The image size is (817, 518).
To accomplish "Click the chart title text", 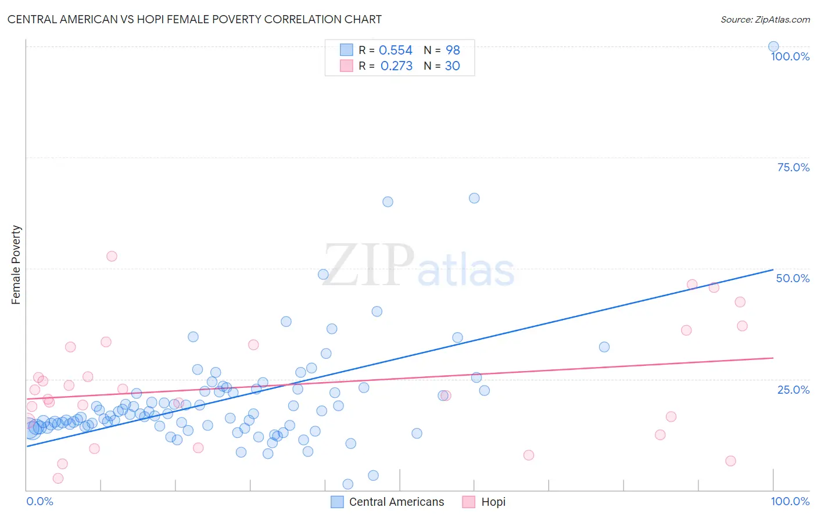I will (194, 19).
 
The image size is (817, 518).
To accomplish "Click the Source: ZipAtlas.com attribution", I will (765, 20).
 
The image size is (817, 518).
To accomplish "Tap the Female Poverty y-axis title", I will (16, 265).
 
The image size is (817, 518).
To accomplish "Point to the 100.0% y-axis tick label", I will (790, 56).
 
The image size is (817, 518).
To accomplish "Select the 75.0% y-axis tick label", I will (793, 167).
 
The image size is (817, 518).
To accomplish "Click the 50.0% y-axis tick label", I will (792, 278).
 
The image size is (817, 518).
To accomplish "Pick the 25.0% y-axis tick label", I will (793, 390).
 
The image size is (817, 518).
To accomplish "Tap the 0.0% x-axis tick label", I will (40, 501).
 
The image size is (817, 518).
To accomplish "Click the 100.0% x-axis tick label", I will (790, 501).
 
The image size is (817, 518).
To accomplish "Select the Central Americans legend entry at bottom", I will (388, 502).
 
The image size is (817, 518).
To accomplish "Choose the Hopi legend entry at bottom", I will (484, 502).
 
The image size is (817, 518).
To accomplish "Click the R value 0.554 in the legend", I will (395, 51).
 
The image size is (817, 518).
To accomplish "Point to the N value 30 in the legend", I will (452, 66).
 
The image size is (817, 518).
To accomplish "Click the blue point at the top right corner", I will (773, 46).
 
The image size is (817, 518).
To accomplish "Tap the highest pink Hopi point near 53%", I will (112, 256).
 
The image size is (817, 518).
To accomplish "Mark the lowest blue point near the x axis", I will (347, 484).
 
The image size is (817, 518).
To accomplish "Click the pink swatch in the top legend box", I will (346, 66).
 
